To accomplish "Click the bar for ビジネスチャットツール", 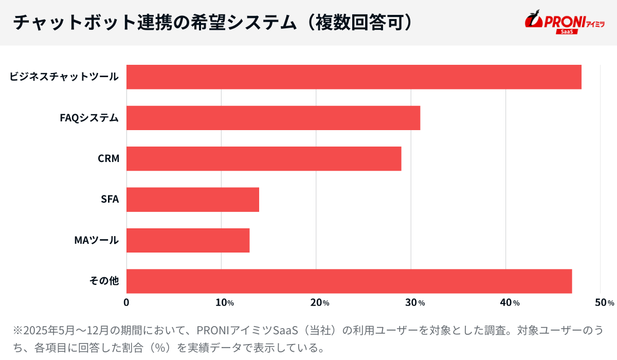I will [x=354, y=77].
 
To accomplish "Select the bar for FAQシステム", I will [x=273, y=118].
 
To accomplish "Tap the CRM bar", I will [x=264, y=158].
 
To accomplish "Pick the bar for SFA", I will [x=193, y=200].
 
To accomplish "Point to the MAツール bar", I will [x=188, y=240].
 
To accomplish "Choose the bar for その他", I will [x=349, y=281].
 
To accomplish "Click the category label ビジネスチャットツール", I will [x=64, y=77].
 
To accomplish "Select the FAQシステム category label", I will [x=89, y=118].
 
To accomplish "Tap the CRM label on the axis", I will [x=108, y=158].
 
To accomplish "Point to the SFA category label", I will [x=110, y=200].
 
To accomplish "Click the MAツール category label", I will [x=97, y=240].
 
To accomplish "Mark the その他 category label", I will [x=104, y=281].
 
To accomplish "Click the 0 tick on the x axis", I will [x=126, y=303].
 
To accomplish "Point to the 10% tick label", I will [x=224, y=303].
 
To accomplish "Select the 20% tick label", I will [x=319, y=303].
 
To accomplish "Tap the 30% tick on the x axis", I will [x=414, y=303].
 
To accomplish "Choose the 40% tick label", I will [x=509, y=303].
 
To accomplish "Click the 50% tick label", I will [x=604, y=303].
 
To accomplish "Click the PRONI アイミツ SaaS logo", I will [x=565, y=23].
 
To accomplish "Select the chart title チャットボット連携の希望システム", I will [x=154, y=23].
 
